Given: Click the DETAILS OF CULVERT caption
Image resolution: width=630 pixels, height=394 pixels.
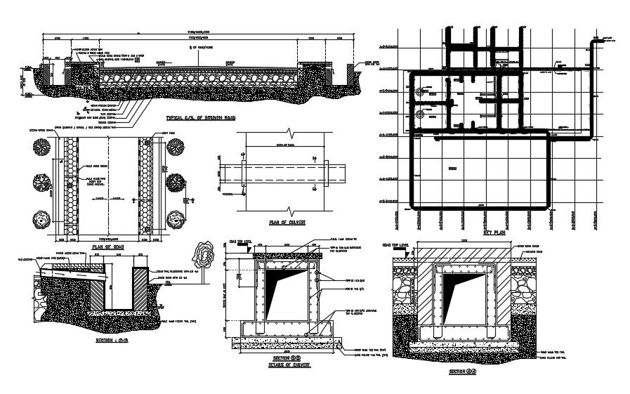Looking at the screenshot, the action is point(285,366).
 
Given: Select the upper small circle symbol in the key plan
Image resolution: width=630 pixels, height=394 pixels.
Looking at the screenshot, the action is point(420,92).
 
